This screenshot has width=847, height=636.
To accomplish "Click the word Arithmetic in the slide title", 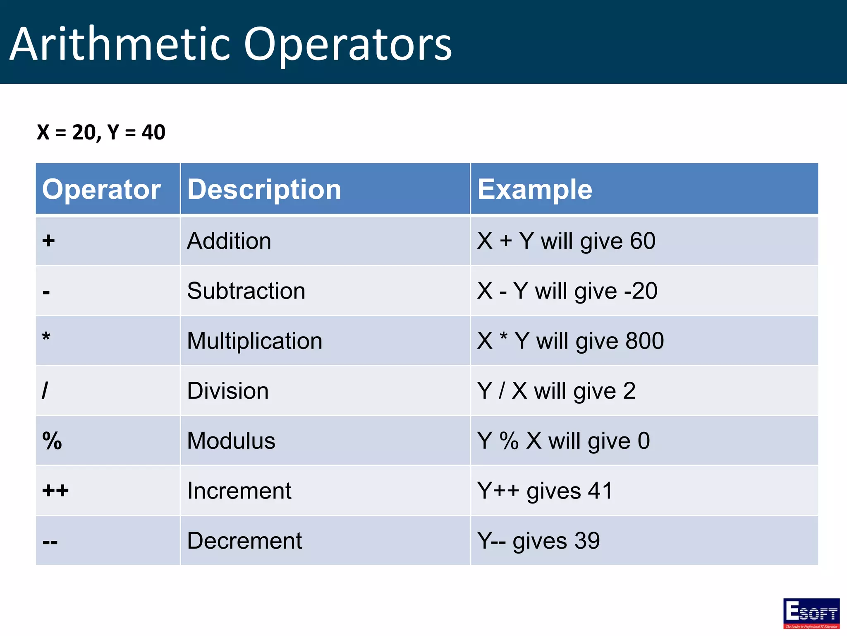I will coord(120,44).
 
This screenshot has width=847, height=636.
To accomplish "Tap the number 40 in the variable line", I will coord(153,132).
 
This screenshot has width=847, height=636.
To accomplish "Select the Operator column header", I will coord(101,189).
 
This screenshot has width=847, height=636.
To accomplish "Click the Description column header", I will coord(264,189).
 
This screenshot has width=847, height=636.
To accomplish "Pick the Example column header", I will coord(535,189).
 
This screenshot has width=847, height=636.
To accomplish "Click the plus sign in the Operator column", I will coord(48,241).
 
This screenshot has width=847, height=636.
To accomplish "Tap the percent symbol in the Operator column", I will coord(52,441).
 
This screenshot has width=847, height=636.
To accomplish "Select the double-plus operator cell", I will coord(55,491).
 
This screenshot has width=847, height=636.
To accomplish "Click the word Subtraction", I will coord(246,291).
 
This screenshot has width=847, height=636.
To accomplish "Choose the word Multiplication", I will coord(254,341).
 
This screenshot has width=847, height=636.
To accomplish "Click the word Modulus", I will coord(231,441).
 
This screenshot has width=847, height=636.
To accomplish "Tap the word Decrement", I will coord(244,541).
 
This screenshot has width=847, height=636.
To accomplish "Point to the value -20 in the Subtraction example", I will coord(641,291).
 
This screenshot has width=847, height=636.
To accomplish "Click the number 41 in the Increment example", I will coord(600,491).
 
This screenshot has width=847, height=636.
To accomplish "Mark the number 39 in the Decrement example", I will coord(587,541).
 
